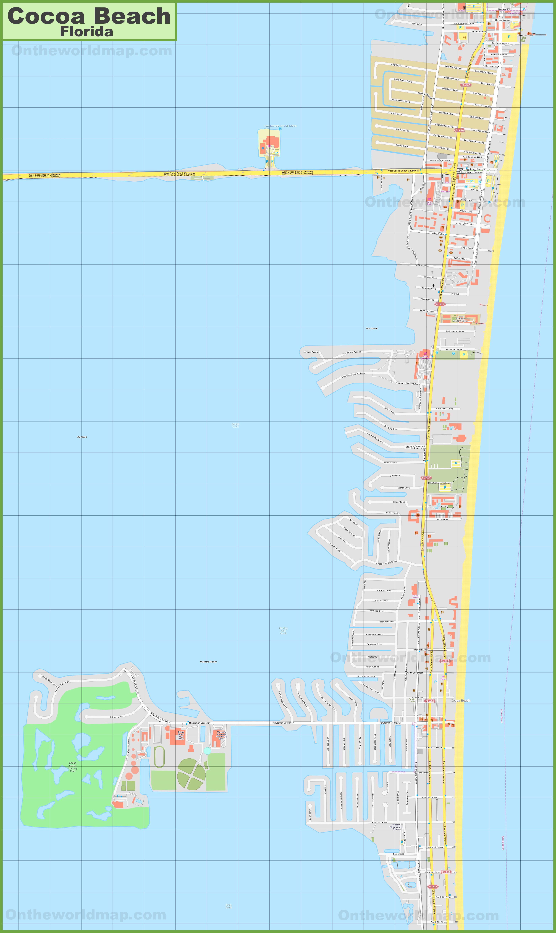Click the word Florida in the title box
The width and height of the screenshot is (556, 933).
click(86, 32)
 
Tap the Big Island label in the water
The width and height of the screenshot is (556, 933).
click(82, 437)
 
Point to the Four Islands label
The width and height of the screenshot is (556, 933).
click(372, 328)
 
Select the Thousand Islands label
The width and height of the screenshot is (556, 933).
click(208, 662)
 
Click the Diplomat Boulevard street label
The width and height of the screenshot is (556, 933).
click(456, 331)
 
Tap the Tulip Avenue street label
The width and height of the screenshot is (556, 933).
click(441, 519)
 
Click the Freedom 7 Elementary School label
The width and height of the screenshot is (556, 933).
click(396, 827)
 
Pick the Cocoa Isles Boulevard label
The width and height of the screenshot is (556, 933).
click(387, 563)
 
